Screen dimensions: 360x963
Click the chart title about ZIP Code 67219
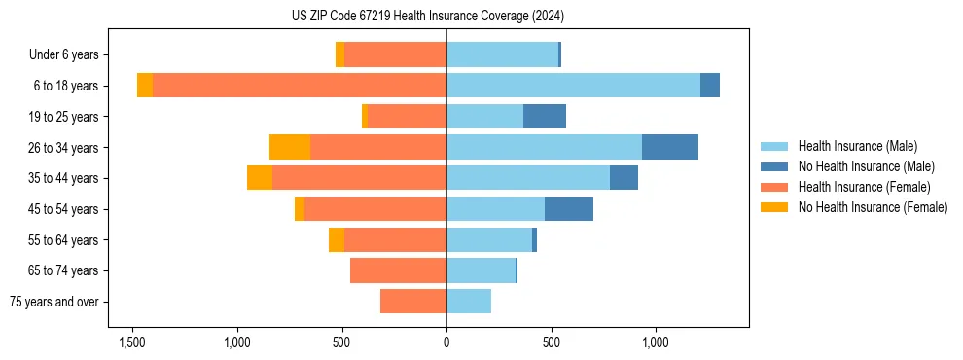(427, 17)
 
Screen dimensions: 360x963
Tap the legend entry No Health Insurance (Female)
(873, 207)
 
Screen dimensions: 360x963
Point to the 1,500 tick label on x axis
(132, 342)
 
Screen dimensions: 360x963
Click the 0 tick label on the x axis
(446, 342)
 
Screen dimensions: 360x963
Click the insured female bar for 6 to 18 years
(300, 86)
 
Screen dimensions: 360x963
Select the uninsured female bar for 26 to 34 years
(290, 147)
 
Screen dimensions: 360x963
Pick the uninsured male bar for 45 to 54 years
(569, 209)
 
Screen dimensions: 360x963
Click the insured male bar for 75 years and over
(469, 302)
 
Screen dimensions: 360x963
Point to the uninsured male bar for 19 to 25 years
(545, 117)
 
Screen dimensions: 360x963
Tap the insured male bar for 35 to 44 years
(528, 178)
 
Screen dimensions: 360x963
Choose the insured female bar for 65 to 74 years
(399, 270)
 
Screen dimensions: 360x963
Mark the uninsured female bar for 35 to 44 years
(260, 178)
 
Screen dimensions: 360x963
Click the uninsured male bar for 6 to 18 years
(710, 86)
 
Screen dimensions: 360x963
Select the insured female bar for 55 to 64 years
(395, 240)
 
